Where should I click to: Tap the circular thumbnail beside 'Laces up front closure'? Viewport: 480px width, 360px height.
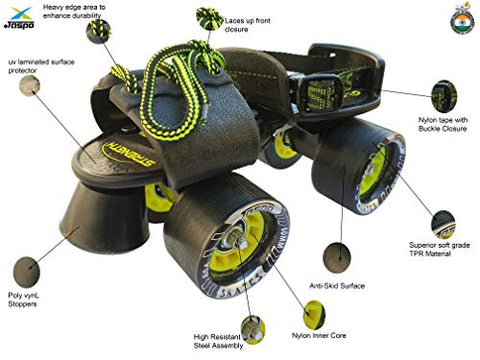209,18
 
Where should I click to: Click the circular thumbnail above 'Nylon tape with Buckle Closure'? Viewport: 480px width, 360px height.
444,96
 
